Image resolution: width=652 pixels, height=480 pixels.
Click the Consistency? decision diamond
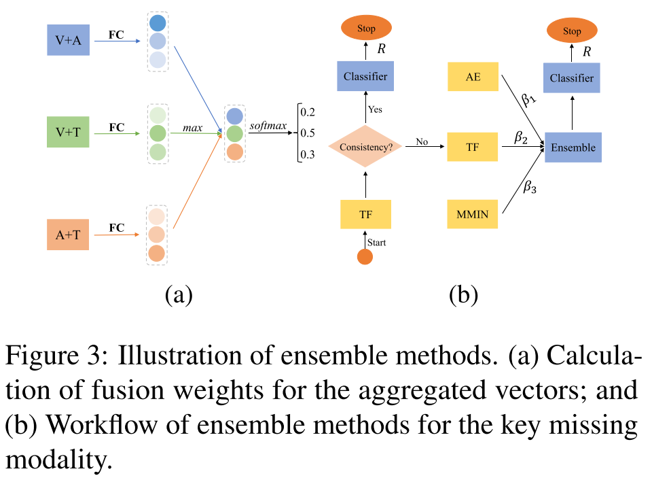pos(365,145)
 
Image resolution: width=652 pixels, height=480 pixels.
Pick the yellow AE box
pos(473,77)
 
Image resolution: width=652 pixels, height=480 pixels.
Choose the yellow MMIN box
pos(473,216)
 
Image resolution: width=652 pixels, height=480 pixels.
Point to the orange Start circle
pos(365,257)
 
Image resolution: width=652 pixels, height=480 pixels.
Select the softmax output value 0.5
pos(308,133)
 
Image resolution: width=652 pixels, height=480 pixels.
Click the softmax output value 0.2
pos(308,111)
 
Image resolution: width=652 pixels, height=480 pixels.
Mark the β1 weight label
pos(528,100)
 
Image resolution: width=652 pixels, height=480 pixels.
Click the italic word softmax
pos(268,125)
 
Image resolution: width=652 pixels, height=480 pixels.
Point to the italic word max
pos(193,127)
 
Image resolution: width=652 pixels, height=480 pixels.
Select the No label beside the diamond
pos(421,142)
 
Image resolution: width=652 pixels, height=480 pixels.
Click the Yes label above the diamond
pos(375,109)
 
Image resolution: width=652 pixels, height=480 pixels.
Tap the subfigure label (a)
pos(179,295)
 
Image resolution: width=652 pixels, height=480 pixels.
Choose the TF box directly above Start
pos(365,214)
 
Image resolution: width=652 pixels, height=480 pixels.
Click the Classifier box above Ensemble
pos(572,78)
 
